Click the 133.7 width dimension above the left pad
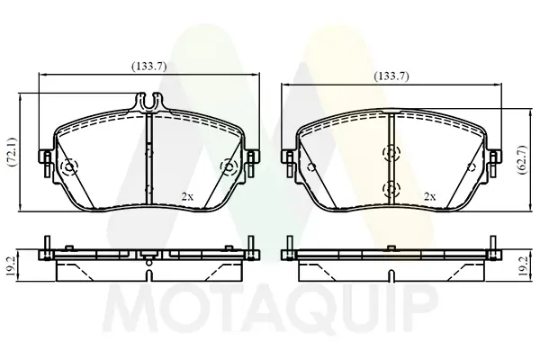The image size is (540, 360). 147,64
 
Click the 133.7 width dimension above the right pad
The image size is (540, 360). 391,76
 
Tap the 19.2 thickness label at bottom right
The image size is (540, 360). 523,265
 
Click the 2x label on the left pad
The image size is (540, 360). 186,195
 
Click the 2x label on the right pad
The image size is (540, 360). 429,195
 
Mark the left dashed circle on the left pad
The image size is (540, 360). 70,167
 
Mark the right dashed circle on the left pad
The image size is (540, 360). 229,167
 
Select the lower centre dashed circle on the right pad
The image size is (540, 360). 391,188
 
